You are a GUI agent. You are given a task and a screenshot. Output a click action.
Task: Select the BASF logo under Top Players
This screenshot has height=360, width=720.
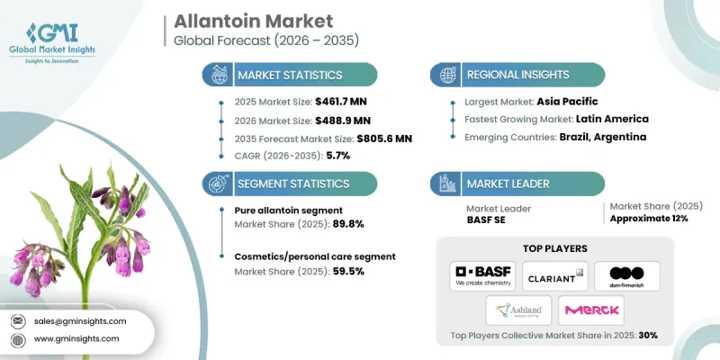(x=483, y=274)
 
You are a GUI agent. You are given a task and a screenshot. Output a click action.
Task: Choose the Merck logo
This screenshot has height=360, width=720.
(x=590, y=310)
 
